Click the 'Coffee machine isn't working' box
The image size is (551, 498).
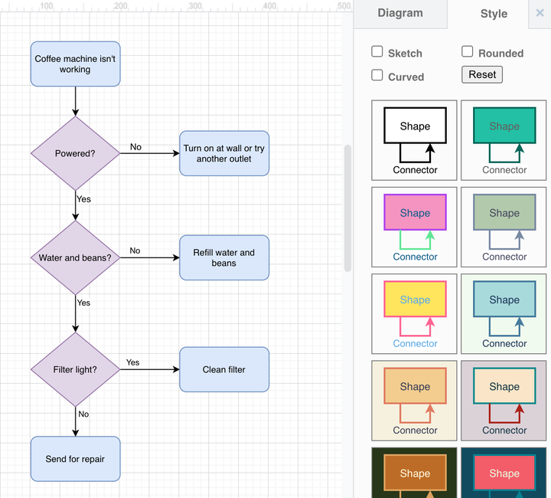75,64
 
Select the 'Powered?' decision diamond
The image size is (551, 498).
75,153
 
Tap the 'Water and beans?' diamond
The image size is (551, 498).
75,258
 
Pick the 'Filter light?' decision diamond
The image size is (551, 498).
75,370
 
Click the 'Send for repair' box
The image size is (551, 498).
75,459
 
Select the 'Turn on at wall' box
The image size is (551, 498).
224,153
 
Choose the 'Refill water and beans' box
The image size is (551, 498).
224,258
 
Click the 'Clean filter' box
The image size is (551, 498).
224,370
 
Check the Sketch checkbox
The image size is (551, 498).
377,52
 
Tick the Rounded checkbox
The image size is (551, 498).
468,52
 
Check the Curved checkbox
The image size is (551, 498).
377,75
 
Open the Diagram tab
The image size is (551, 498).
399,13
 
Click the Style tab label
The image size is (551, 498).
494,14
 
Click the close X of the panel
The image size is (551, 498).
540,13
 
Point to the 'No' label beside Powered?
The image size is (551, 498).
135,147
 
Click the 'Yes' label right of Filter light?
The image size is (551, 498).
133,362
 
